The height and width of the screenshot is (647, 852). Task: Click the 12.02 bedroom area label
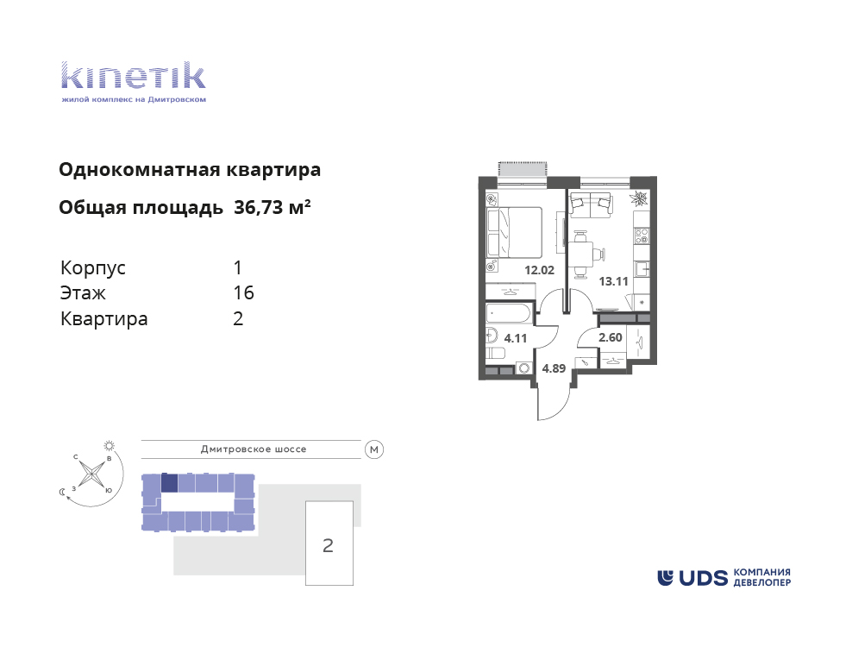[539, 270]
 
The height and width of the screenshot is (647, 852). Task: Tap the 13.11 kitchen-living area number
[613, 281]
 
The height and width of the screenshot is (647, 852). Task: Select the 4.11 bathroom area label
[516, 338]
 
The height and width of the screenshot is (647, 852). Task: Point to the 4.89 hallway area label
[554, 368]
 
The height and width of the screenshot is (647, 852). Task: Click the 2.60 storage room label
[611, 337]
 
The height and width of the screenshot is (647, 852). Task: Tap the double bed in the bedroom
[515, 232]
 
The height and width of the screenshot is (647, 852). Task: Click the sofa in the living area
[592, 205]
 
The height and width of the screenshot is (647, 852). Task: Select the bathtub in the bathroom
[510, 314]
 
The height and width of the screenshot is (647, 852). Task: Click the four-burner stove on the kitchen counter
[642, 236]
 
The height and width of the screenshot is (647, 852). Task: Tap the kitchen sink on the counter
[642, 269]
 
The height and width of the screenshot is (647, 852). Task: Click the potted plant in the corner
[640, 198]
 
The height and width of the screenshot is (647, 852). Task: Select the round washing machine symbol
[523, 368]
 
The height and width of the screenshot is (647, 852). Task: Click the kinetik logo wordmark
[134, 76]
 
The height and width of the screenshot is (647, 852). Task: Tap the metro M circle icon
[374, 449]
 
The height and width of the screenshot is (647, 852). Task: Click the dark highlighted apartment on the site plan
[170, 483]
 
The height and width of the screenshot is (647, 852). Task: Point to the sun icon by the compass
[110, 446]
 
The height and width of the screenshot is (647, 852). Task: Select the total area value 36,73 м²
[273, 207]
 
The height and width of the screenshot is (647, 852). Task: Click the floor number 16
[243, 293]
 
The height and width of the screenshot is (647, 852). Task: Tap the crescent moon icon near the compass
[62, 492]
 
